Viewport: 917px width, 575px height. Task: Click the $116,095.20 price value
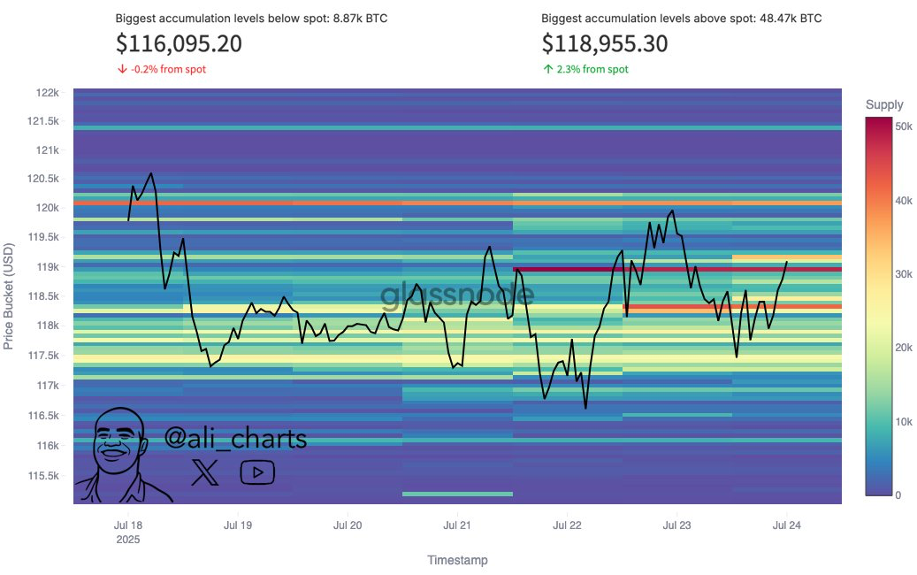179,44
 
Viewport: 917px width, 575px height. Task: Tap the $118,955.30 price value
605,44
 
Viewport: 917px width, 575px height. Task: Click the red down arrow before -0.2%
121,70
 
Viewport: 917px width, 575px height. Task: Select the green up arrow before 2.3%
547,70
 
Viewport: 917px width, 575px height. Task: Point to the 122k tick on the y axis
48,93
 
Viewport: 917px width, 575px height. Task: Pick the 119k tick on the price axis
48,267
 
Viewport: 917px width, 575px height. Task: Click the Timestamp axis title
457,560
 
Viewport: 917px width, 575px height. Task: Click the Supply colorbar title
884,105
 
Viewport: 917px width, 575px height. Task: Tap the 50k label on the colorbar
904,127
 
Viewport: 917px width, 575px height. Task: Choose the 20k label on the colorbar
904,348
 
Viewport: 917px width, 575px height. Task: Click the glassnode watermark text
457,295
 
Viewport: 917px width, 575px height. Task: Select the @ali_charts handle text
236,438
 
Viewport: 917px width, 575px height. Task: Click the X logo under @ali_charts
205,472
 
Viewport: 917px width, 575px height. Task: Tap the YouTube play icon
257,472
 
